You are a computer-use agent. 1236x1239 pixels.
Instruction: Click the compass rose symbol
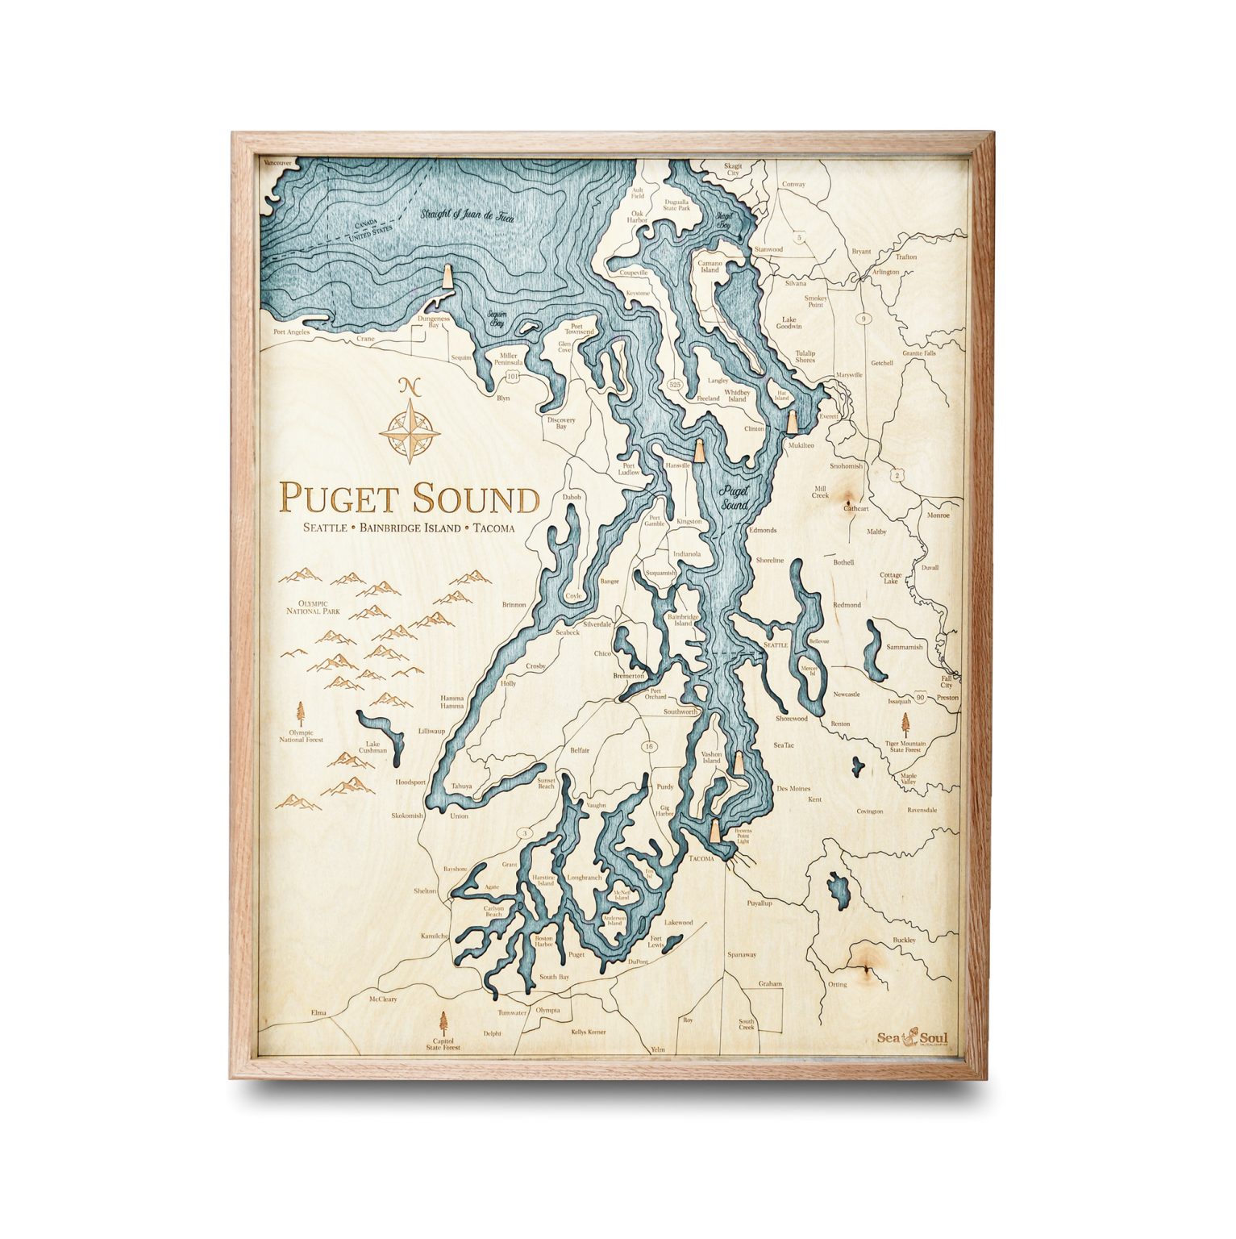click(410, 427)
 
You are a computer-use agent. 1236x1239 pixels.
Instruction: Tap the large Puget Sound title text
click(409, 499)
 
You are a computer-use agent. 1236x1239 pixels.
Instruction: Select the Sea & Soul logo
click(913, 1038)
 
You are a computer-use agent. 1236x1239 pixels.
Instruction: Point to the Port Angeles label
click(291, 332)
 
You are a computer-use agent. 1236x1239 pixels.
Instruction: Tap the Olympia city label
click(547, 1010)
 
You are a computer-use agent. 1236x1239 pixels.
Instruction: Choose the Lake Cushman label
click(372, 748)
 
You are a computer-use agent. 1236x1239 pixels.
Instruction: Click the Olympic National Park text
click(313, 607)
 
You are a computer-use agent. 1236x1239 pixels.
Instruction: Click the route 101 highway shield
click(512, 377)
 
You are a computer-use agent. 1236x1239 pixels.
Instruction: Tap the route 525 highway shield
click(676, 385)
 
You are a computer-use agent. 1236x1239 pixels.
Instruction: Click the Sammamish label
click(904, 647)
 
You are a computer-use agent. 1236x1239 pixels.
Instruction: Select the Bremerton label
click(629, 675)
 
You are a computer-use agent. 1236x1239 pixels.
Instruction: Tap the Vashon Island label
click(711, 757)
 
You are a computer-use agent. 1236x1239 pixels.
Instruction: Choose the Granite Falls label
click(919, 353)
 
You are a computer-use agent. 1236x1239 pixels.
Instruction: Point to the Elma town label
click(318, 1012)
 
